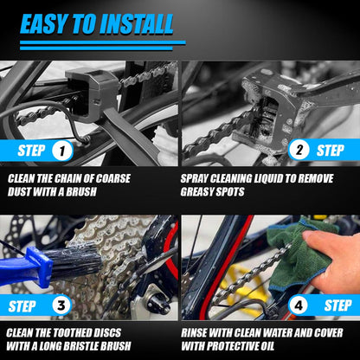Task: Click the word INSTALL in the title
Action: click(x=149, y=23)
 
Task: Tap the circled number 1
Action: click(x=61, y=151)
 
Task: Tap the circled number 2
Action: click(x=299, y=150)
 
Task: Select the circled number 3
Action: click(x=61, y=305)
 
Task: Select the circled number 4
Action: click(x=299, y=305)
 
